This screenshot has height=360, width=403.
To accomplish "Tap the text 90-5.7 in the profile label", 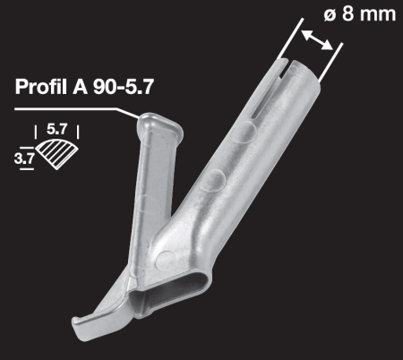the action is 124,87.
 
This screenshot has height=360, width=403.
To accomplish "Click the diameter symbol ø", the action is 330,14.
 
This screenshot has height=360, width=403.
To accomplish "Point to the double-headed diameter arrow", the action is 317,39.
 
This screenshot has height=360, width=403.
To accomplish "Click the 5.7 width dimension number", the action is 56,129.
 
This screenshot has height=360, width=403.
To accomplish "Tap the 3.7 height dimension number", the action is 24,159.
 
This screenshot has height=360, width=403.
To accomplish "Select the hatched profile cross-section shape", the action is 57,154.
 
